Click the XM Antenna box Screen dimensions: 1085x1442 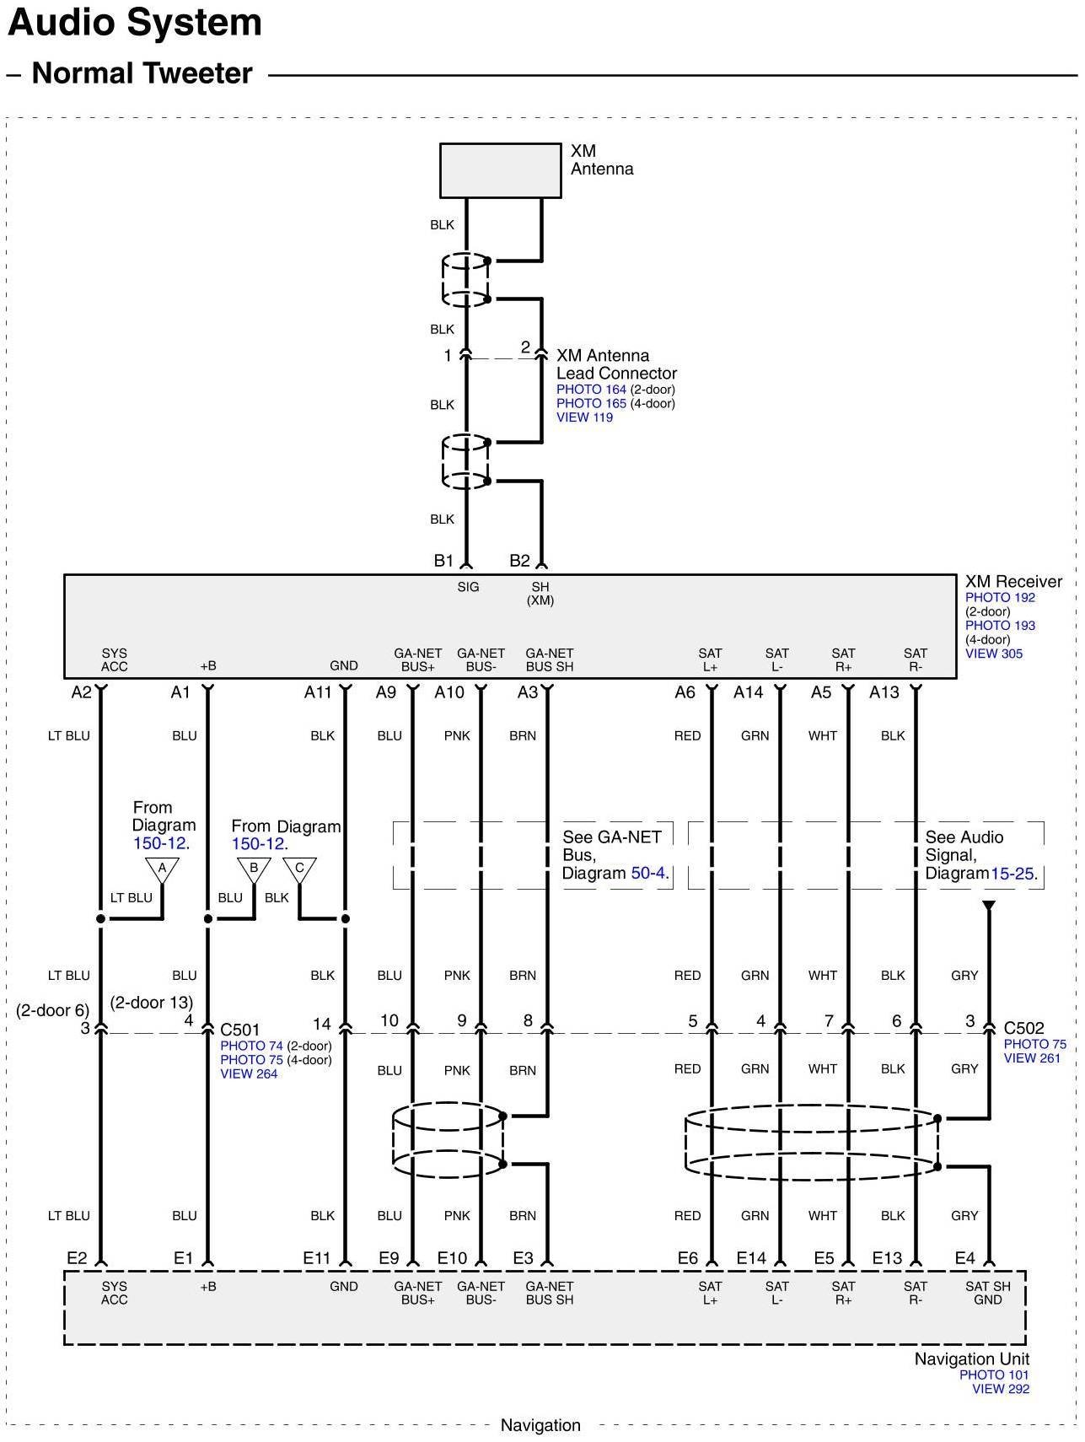coord(500,170)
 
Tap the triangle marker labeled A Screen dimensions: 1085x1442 coord(162,868)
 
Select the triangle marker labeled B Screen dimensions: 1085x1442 coord(253,868)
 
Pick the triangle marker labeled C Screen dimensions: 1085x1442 coord(299,868)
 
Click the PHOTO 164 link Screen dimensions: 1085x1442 coord(591,390)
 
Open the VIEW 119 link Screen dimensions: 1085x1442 coord(584,417)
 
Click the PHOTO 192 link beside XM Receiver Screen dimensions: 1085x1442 coord(1000,598)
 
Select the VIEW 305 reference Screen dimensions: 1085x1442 coord(994,654)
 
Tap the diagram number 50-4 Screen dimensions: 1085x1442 coord(649,874)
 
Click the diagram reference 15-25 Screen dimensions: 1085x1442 coord(1012,874)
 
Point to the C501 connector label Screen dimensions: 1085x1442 coord(240,1030)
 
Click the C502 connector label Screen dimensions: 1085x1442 coord(1023,1028)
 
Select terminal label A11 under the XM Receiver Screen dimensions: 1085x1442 coord(318,692)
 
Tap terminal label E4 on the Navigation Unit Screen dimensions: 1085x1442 coord(964,1258)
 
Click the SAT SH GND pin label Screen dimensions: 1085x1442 coord(987,1293)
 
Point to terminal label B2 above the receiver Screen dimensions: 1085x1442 coord(519,561)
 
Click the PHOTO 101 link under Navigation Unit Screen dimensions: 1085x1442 coord(994,1375)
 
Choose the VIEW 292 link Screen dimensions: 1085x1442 coord(1001,1389)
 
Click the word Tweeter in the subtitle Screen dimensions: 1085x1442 coord(200,73)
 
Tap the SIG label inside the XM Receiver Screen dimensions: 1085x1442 coord(468,587)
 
